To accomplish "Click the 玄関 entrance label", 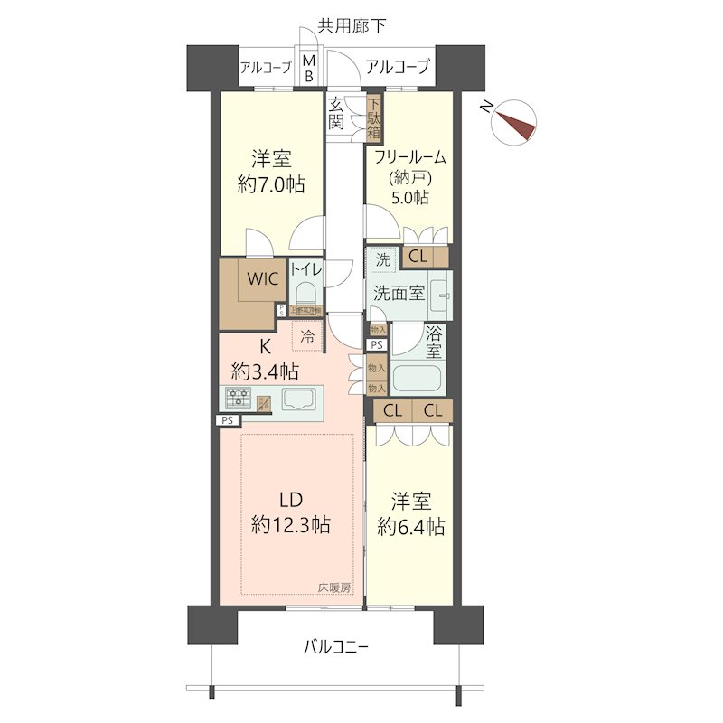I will tap(336, 113).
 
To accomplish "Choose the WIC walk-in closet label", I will tap(258, 278).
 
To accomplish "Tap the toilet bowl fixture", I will tap(305, 294).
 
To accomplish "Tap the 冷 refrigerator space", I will tap(307, 335).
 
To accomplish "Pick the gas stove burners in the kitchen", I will tap(239, 398).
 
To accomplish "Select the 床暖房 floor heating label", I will tap(334, 587).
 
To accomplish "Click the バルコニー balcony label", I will tap(335, 647).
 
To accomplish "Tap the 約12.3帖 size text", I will tap(290, 523).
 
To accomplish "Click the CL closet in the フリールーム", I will tap(418, 257).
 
